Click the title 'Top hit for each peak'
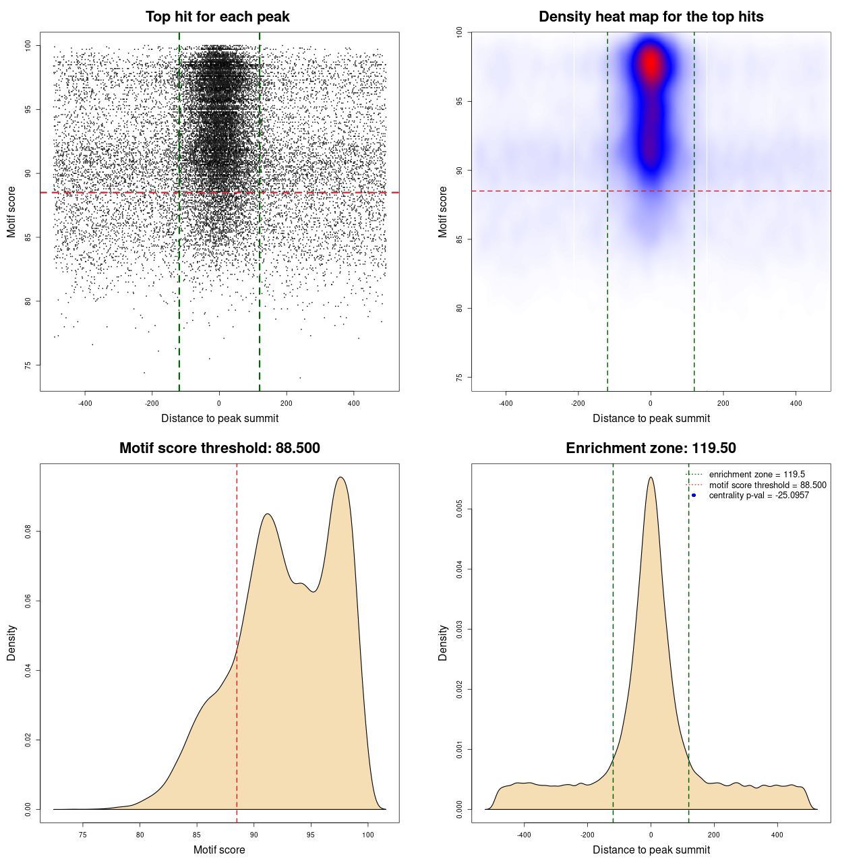tap(217, 17)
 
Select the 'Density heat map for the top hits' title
tap(651, 17)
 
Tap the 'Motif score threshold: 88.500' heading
tap(219, 448)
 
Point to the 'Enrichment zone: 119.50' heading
tap(651, 448)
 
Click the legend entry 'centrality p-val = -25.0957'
tap(758, 496)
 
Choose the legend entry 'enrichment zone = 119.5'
tap(756, 475)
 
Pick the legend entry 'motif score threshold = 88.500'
tap(767, 485)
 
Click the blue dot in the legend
tap(694, 496)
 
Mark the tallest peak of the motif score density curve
tap(341, 478)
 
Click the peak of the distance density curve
tap(651, 478)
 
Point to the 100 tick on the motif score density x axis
tap(367, 835)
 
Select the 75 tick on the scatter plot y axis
tap(28, 365)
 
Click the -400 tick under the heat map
tap(506, 403)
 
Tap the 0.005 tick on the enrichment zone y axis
tap(460, 509)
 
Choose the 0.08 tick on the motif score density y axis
tap(28, 532)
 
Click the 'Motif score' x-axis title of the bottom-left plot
tap(219, 850)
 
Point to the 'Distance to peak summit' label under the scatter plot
tap(220, 418)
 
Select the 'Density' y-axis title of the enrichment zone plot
tap(443, 643)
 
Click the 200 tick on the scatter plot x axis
tap(287, 403)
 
